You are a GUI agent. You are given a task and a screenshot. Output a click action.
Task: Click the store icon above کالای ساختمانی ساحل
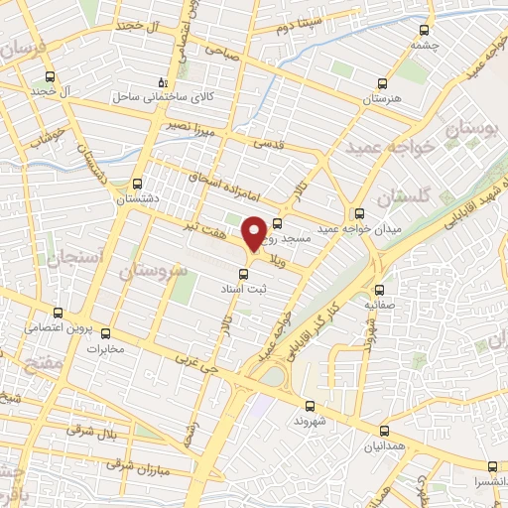coord(164,83)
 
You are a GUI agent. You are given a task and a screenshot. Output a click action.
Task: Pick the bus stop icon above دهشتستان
coord(138,184)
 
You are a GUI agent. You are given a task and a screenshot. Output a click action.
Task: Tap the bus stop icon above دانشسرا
coord(492,466)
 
